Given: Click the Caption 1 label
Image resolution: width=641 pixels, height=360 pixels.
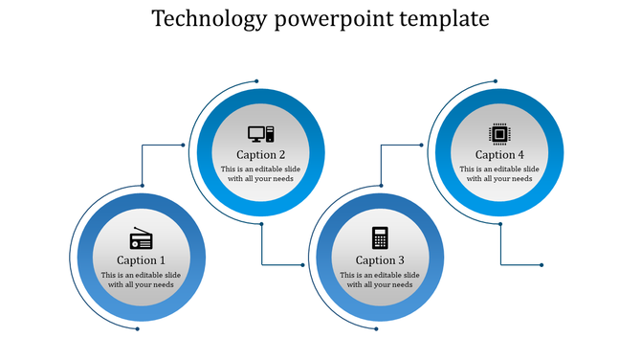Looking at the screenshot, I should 141,260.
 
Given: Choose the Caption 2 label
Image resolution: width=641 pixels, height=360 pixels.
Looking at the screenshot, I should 260,155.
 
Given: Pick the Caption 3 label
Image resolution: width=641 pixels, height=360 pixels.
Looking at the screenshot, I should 380,260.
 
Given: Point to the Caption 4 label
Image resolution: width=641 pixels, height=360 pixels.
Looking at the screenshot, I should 499,155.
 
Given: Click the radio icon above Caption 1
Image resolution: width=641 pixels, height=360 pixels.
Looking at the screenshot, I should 141,239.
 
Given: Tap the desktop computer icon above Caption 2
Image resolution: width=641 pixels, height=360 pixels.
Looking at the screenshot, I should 260,134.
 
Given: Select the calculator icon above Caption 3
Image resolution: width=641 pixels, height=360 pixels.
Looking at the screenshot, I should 380,237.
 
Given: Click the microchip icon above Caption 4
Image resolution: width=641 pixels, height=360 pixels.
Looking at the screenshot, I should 498,133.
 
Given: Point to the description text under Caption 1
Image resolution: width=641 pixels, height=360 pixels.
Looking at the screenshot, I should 141,281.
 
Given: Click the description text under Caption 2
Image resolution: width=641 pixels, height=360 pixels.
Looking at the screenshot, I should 260,174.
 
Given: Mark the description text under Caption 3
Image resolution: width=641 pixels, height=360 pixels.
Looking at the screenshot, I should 380,281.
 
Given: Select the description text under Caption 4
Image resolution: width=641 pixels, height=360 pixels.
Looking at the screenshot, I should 499,174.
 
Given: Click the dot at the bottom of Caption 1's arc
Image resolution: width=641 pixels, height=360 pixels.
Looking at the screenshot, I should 137,329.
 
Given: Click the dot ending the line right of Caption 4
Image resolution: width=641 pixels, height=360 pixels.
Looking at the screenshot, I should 542,264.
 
